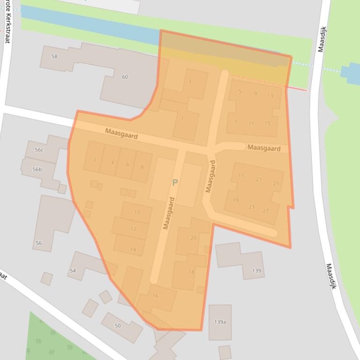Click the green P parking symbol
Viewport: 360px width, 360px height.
point(175,183)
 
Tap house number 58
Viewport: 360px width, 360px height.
point(55,57)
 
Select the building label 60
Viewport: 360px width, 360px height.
point(125,77)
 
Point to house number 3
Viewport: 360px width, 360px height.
point(190,81)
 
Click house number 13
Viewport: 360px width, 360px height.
point(270,96)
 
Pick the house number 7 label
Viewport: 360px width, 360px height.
point(236,122)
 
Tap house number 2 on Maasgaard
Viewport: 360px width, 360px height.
point(95,160)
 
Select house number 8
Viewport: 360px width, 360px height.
point(142,167)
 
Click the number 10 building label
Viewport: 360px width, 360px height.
point(137,212)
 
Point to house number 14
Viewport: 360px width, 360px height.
point(133,250)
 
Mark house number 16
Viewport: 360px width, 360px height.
point(155,296)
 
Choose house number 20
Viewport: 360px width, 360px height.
point(193,238)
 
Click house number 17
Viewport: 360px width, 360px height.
point(241,176)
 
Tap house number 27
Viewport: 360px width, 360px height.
point(266,211)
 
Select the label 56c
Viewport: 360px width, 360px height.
point(39,150)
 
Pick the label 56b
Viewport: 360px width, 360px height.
point(37,170)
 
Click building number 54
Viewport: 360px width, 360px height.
point(73,271)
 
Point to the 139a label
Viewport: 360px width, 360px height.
point(220,322)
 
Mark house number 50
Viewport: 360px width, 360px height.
point(118,325)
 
